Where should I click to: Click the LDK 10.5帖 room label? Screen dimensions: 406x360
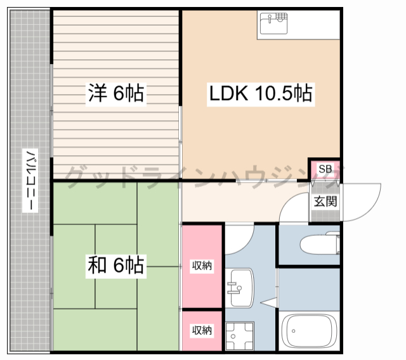(261, 93)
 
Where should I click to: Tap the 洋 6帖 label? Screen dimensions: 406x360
(116, 93)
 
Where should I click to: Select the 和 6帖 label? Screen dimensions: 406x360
(116, 266)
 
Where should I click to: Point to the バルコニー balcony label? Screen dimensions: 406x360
(30, 180)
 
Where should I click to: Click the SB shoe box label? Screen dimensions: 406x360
(325, 169)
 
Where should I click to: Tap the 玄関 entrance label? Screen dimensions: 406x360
(325, 202)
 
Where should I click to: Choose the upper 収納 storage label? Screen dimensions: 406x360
(202, 266)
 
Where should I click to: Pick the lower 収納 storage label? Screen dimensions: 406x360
(202, 330)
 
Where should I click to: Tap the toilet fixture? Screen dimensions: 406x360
(320, 243)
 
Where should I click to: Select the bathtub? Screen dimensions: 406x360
(309, 331)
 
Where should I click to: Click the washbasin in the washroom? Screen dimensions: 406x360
(239, 288)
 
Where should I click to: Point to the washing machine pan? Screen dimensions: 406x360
(240, 336)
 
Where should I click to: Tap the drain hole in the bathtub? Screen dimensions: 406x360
(293, 331)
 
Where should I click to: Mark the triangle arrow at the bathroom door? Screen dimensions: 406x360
(269, 302)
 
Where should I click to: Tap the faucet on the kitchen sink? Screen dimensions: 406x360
(270, 18)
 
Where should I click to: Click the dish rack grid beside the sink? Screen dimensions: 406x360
(282, 17)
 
